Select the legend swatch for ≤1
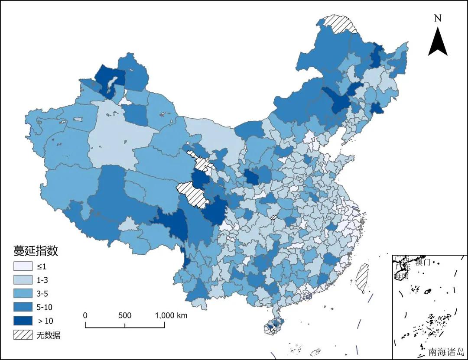tap(23, 266)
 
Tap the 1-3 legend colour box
tap(23, 280)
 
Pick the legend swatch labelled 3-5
tap(23, 293)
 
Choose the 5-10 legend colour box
tap(23, 307)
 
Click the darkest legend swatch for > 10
tap(23, 321)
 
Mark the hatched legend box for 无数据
tap(23, 334)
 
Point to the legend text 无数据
tap(48, 335)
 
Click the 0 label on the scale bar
tap(85, 315)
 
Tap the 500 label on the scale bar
tap(125, 315)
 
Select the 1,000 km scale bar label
tap(171, 315)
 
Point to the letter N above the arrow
tap(438, 18)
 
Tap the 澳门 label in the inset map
tap(422, 262)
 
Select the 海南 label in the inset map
tap(401, 276)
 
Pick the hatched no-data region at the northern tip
tap(340, 24)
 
